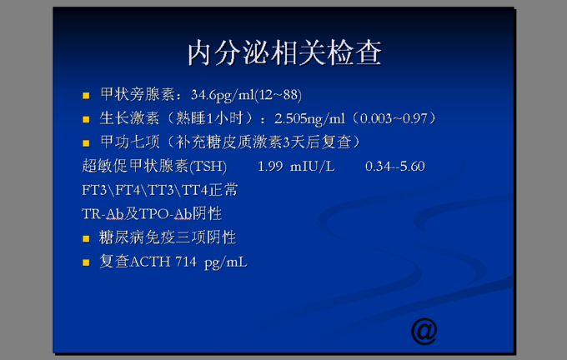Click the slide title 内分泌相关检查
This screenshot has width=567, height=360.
(284, 53)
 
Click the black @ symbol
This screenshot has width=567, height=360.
(424, 331)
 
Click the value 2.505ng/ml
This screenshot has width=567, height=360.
(309, 118)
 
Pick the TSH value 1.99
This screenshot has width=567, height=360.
(270, 167)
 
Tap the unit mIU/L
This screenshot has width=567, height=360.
(313, 167)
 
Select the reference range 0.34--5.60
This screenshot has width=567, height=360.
(395, 167)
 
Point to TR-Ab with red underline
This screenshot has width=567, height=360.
(103, 214)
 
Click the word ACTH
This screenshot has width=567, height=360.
(150, 262)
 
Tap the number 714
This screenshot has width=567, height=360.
(186, 262)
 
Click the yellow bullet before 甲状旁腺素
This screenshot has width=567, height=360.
(86, 96)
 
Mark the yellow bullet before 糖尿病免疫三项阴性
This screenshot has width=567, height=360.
(86, 238)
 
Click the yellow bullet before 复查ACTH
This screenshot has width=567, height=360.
(86, 262)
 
